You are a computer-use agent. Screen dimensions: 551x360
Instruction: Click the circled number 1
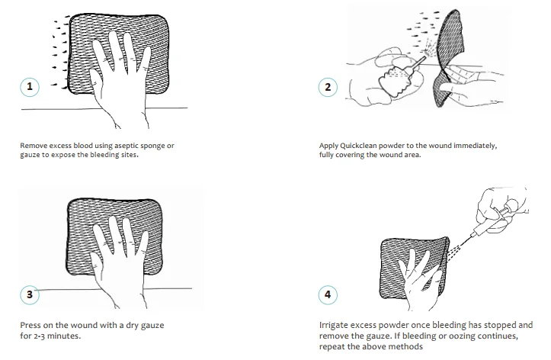click(x=30, y=87)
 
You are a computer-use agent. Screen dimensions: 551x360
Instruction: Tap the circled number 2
click(x=328, y=87)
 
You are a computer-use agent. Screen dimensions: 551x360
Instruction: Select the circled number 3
click(x=30, y=294)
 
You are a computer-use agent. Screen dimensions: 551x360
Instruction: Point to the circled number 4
click(x=328, y=294)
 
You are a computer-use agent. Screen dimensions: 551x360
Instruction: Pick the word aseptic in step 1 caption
click(x=127, y=146)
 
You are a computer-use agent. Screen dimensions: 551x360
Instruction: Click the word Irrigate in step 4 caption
click(x=334, y=325)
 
